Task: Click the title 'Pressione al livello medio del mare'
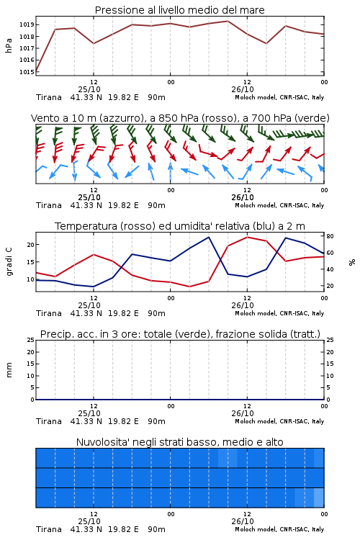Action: coord(179,10)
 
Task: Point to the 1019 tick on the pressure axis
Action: coord(27,24)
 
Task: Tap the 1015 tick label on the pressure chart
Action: coord(27,71)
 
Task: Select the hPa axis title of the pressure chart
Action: coord(9,45)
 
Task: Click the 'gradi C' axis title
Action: coord(9,262)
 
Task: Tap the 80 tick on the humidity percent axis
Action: coord(330,236)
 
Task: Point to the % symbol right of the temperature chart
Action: coord(352,262)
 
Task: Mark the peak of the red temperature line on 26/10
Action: coord(247,237)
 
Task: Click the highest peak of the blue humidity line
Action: coord(208,237)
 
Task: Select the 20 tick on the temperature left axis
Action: coord(31,245)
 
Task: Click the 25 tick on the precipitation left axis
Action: coord(31,340)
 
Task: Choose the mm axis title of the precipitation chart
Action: coord(9,370)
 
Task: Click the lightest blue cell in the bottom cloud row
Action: coord(319,498)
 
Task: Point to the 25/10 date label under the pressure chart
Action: coord(89,89)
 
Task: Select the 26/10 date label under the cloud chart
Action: coord(243,521)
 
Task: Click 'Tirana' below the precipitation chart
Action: coord(49,421)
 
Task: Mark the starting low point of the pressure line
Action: coord(36,71)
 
